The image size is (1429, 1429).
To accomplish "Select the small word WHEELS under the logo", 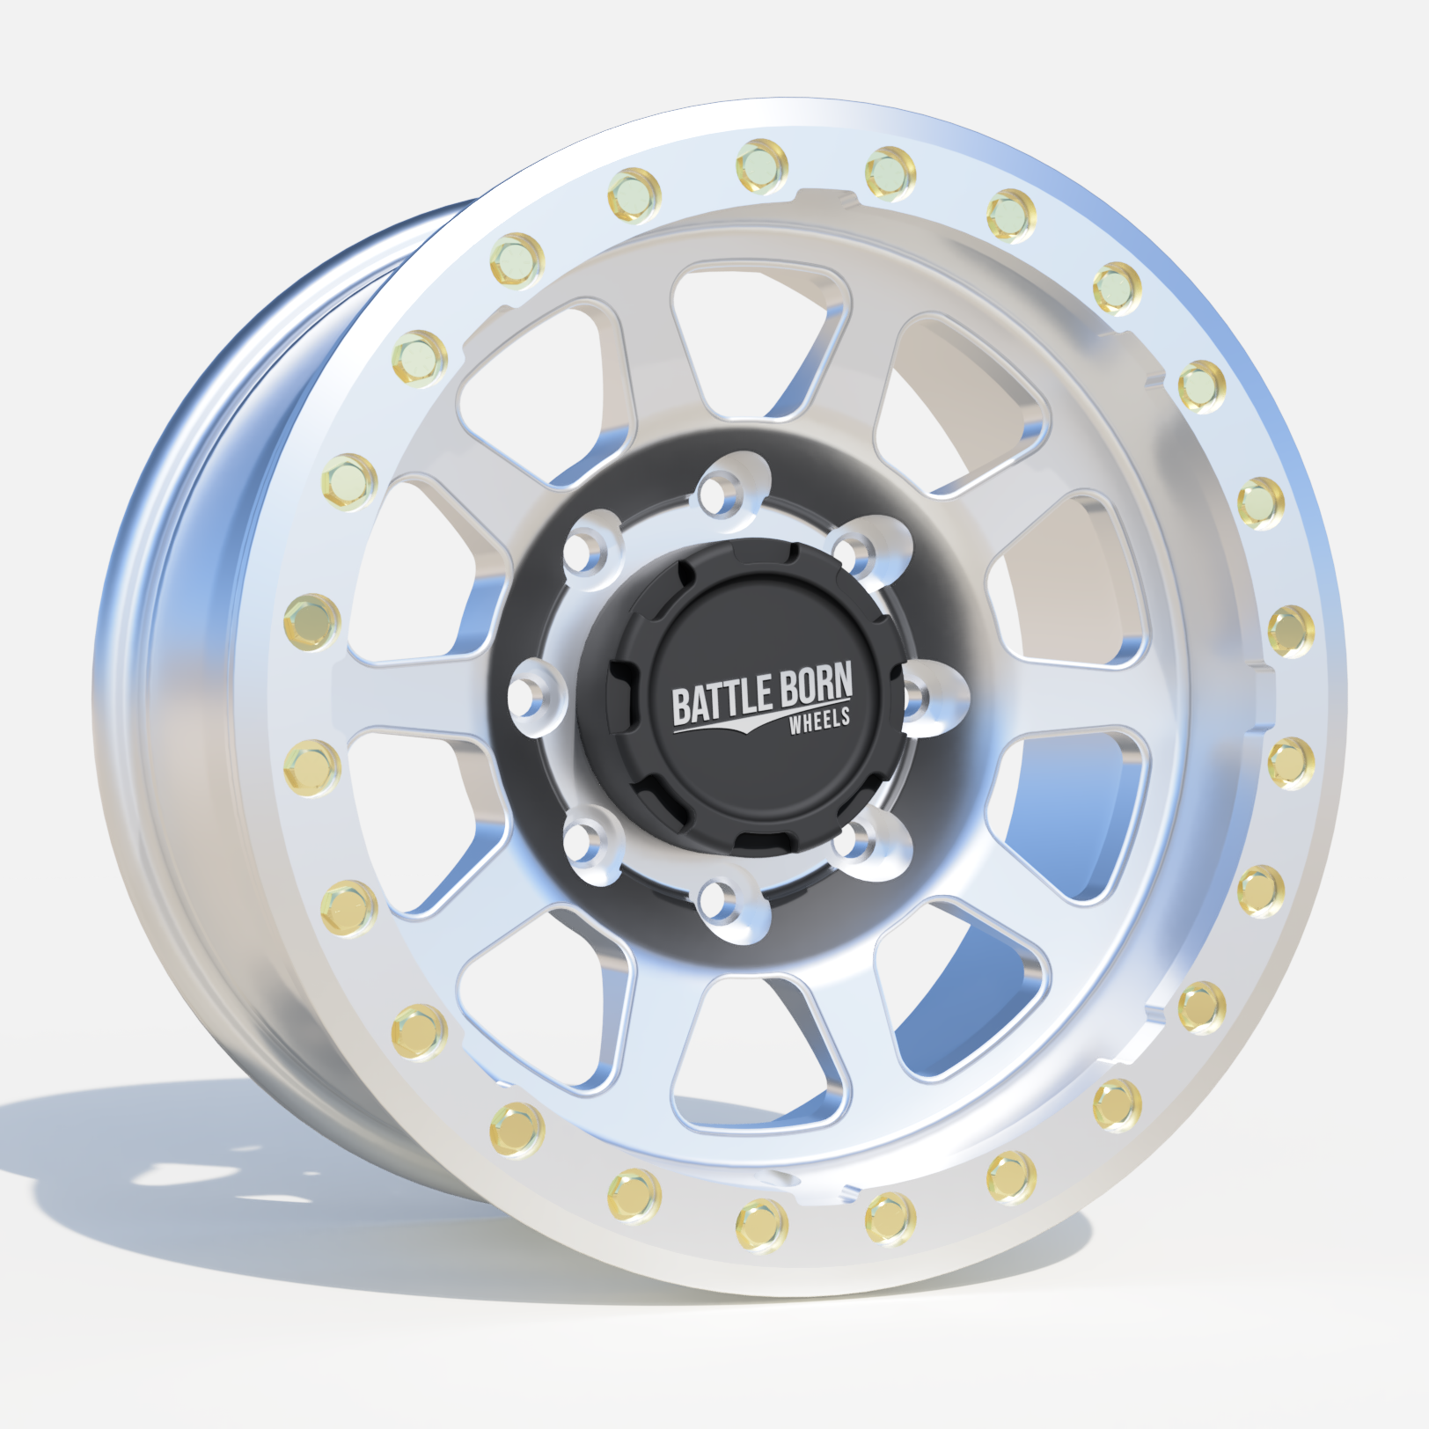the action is [820, 720].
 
